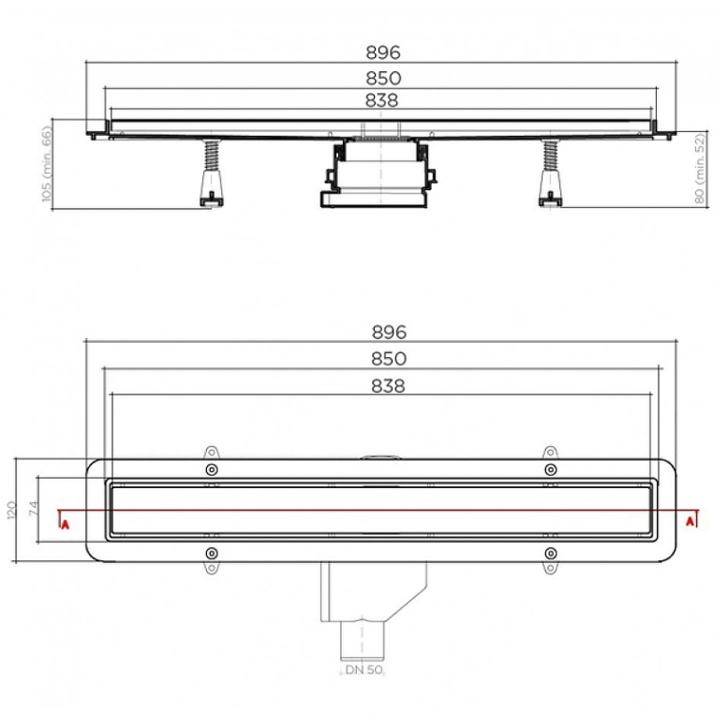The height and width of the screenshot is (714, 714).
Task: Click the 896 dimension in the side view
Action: click(x=383, y=52)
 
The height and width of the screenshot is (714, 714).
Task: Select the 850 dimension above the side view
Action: click(x=383, y=78)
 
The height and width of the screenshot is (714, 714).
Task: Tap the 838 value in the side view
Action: click(x=381, y=100)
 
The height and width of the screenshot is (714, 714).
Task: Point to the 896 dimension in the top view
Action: click(x=389, y=332)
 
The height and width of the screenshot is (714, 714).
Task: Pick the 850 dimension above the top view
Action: click(x=389, y=359)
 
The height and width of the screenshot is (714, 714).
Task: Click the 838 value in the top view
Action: click(x=388, y=386)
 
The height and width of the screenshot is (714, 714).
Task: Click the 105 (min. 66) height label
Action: click(x=47, y=163)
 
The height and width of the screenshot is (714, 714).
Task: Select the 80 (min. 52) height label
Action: click(x=700, y=169)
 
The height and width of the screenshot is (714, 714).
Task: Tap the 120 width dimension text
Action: click(x=11, y=510)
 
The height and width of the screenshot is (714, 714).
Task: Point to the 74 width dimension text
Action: click(x=34, y=508)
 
